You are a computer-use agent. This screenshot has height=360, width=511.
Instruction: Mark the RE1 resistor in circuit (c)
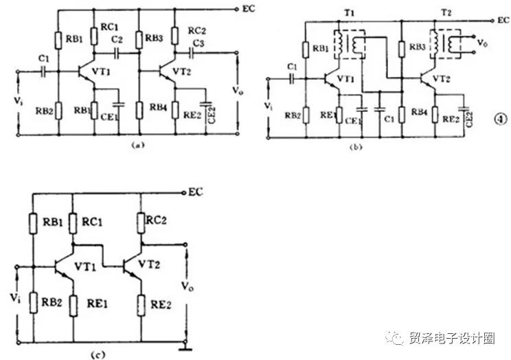pos(73,303)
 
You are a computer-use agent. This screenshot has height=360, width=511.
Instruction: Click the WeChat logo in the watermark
pos(398,338)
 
